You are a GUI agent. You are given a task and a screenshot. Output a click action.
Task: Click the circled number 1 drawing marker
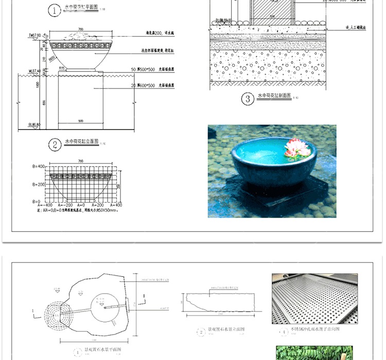53,10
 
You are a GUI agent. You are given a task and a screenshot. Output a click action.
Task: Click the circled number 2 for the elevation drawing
54,144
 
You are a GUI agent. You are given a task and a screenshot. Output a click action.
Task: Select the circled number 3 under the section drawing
248,99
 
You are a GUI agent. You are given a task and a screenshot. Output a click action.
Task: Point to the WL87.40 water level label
34,71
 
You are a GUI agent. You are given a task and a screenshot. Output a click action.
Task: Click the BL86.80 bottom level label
34,124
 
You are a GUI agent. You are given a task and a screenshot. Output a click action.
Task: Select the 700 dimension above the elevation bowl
81,29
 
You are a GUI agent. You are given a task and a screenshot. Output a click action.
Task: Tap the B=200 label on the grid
38,184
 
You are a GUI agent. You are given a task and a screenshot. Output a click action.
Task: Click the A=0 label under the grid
81,205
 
